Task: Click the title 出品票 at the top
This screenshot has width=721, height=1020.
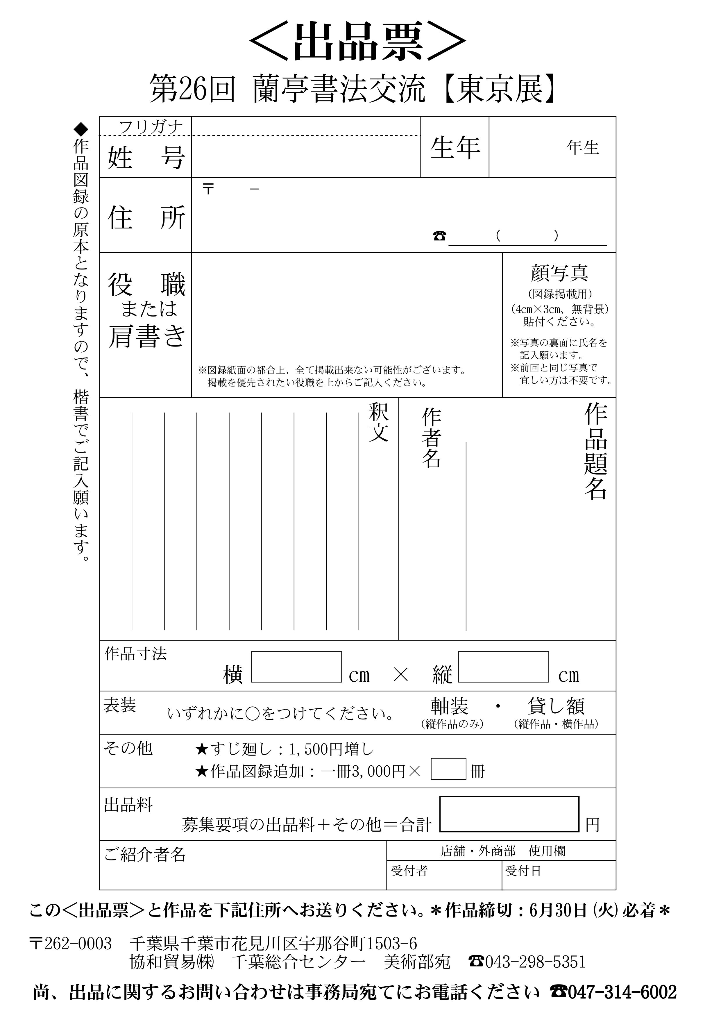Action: pos(358,42)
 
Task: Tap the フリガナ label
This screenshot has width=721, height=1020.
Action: pos(151,127)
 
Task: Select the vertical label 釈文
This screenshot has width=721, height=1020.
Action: pos(378,422)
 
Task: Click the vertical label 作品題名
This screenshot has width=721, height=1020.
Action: pos(595,451)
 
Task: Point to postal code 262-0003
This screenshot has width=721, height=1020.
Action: pos(78,944)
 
